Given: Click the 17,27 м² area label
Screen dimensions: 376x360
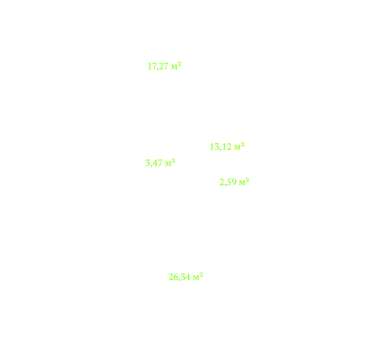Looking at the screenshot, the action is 164,66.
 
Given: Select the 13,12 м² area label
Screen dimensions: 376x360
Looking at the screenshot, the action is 227,147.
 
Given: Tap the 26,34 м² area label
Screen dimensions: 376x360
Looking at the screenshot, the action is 186,277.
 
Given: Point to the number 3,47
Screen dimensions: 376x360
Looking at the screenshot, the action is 154,163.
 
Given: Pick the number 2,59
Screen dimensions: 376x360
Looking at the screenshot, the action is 228,182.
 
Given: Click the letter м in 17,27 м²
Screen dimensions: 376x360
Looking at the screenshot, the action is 174,67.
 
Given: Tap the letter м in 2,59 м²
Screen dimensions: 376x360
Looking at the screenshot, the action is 242,183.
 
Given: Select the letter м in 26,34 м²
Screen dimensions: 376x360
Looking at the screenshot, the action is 196,278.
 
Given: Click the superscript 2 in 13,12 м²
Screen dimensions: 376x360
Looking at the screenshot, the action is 243,144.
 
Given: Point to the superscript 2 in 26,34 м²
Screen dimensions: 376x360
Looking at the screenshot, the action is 201,274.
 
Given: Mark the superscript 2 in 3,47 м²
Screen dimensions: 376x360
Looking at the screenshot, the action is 173,160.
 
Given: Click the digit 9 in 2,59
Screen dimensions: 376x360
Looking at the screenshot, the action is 234,182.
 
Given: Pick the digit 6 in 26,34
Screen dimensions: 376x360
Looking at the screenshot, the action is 176,277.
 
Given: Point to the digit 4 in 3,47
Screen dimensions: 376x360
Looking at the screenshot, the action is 154,163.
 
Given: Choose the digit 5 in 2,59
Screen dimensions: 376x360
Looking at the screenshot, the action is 229,182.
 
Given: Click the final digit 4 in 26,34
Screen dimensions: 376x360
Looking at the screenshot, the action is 188,277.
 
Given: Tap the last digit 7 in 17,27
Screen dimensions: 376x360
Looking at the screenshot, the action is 166,66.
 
